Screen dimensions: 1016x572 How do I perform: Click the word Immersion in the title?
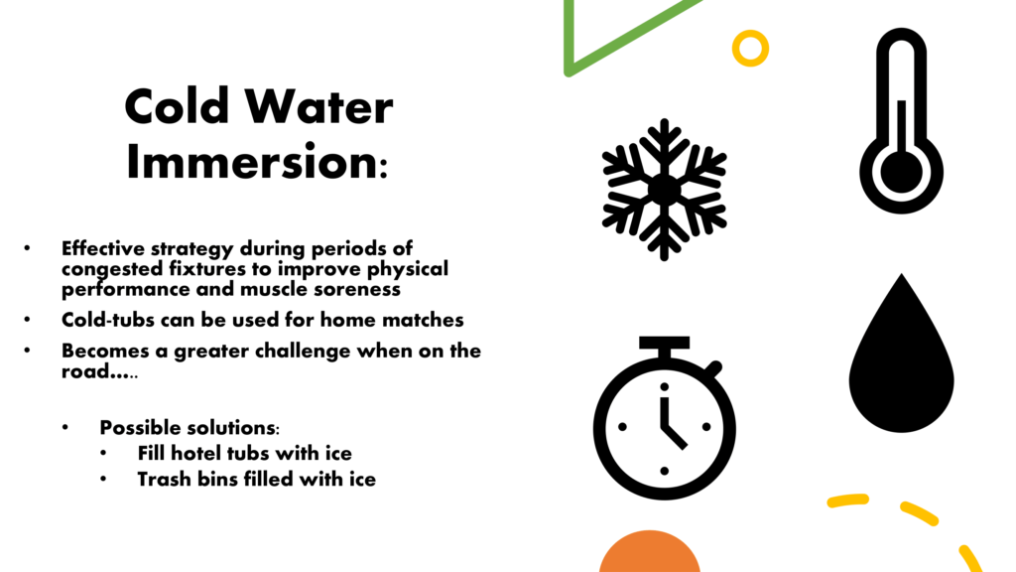click(x=252, y=162)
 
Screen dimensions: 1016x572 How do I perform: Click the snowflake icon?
click(x=664, y=190)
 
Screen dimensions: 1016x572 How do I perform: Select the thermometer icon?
click(x=901, y=120)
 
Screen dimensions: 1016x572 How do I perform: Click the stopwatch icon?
click(x=664, y=418)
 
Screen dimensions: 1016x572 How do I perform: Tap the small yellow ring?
click(x=750, y=48)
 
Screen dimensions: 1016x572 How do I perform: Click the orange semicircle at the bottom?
click(x=649, y=552)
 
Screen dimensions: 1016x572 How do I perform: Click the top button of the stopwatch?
click(x=664, y=343)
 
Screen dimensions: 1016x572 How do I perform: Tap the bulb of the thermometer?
click(x=901, y=173)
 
